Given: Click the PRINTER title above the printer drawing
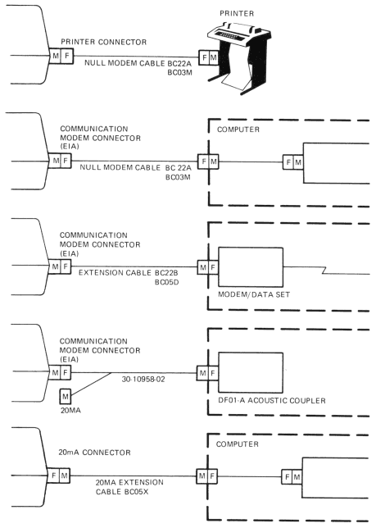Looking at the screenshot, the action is point(237,13).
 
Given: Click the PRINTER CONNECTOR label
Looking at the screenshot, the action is point(103,42).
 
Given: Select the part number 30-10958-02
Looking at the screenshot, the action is point(143,379).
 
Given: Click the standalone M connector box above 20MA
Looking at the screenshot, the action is point(66,396).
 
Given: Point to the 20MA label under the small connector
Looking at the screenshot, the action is point(70,411).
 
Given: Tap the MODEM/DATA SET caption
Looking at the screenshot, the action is point(254,294).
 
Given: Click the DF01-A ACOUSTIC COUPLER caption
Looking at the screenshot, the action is point(272,400).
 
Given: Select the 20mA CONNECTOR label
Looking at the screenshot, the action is point(94,453).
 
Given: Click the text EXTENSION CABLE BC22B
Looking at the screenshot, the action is point(129,272).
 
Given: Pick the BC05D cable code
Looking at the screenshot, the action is point(166,282).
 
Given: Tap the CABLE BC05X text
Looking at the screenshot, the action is point(122,492).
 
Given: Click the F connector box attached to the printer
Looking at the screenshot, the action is point(204,57).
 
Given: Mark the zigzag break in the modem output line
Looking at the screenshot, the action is point(324,271).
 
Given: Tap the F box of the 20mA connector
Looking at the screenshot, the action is point(53,476).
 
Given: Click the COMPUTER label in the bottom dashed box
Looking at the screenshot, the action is point(237,444).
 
